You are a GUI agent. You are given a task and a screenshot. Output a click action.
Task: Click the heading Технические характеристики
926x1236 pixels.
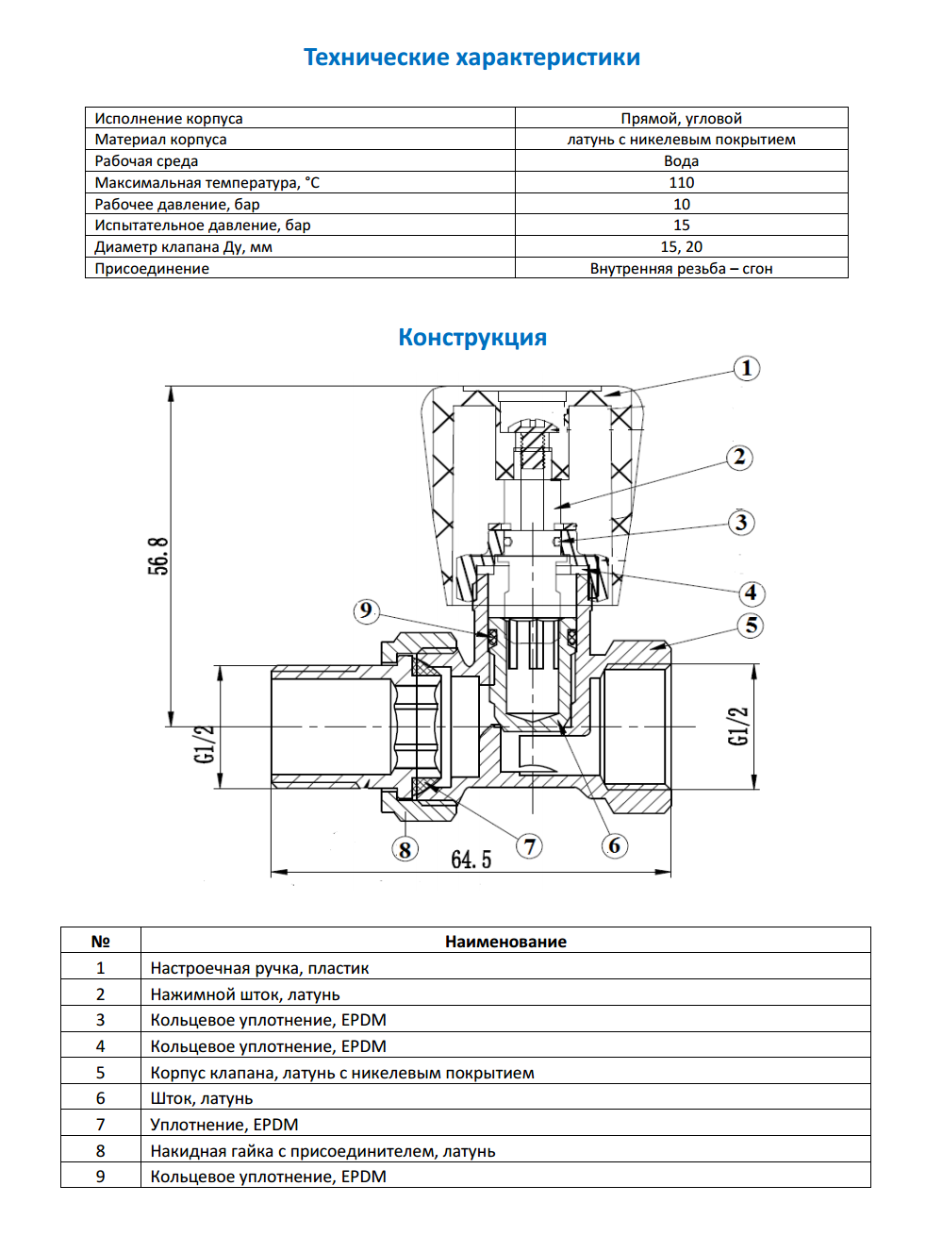click(x=471, y=58)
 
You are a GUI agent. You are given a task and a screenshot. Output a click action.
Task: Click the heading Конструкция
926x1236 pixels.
click(x=472, y=338)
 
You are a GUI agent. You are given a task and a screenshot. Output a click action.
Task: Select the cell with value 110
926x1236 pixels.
click(x=681, y=182)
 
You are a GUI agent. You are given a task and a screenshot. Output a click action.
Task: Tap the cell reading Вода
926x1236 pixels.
click(x=681, y=160)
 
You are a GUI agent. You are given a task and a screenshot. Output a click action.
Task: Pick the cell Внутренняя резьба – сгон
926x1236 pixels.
click(x=681, y=268)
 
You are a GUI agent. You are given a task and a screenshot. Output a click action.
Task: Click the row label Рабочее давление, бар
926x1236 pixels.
click(x=177, y=204)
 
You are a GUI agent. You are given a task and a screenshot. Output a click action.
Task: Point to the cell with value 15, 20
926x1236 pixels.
click(x=681, y=246)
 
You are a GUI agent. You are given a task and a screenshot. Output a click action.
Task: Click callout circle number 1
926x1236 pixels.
click(x=747, y=368)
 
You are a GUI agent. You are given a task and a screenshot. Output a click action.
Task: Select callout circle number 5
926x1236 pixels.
click(x=752, y=626)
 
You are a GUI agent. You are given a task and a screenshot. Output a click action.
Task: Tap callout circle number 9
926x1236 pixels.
click(x=366, y=611)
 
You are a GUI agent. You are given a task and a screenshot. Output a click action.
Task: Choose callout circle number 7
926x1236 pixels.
click(x=530, y=846)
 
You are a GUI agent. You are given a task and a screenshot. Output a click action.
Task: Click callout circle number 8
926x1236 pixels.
click(x=405, y=850)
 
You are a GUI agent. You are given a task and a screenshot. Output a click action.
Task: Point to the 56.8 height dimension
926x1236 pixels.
click(x=158, y=556)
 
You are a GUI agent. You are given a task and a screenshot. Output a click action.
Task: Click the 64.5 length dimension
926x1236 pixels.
click(x=471, y=860)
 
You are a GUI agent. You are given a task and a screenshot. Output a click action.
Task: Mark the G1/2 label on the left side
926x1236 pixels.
click(x=204, y=743)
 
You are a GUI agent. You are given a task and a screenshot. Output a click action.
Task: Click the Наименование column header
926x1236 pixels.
click(x=505, y=941)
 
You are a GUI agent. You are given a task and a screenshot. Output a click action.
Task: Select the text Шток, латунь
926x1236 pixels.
click(x=202, y=1098)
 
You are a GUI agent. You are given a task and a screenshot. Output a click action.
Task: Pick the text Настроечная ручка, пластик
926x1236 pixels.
click(x=259, y=968)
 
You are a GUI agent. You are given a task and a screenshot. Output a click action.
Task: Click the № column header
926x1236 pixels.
click(x=100, y=941)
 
